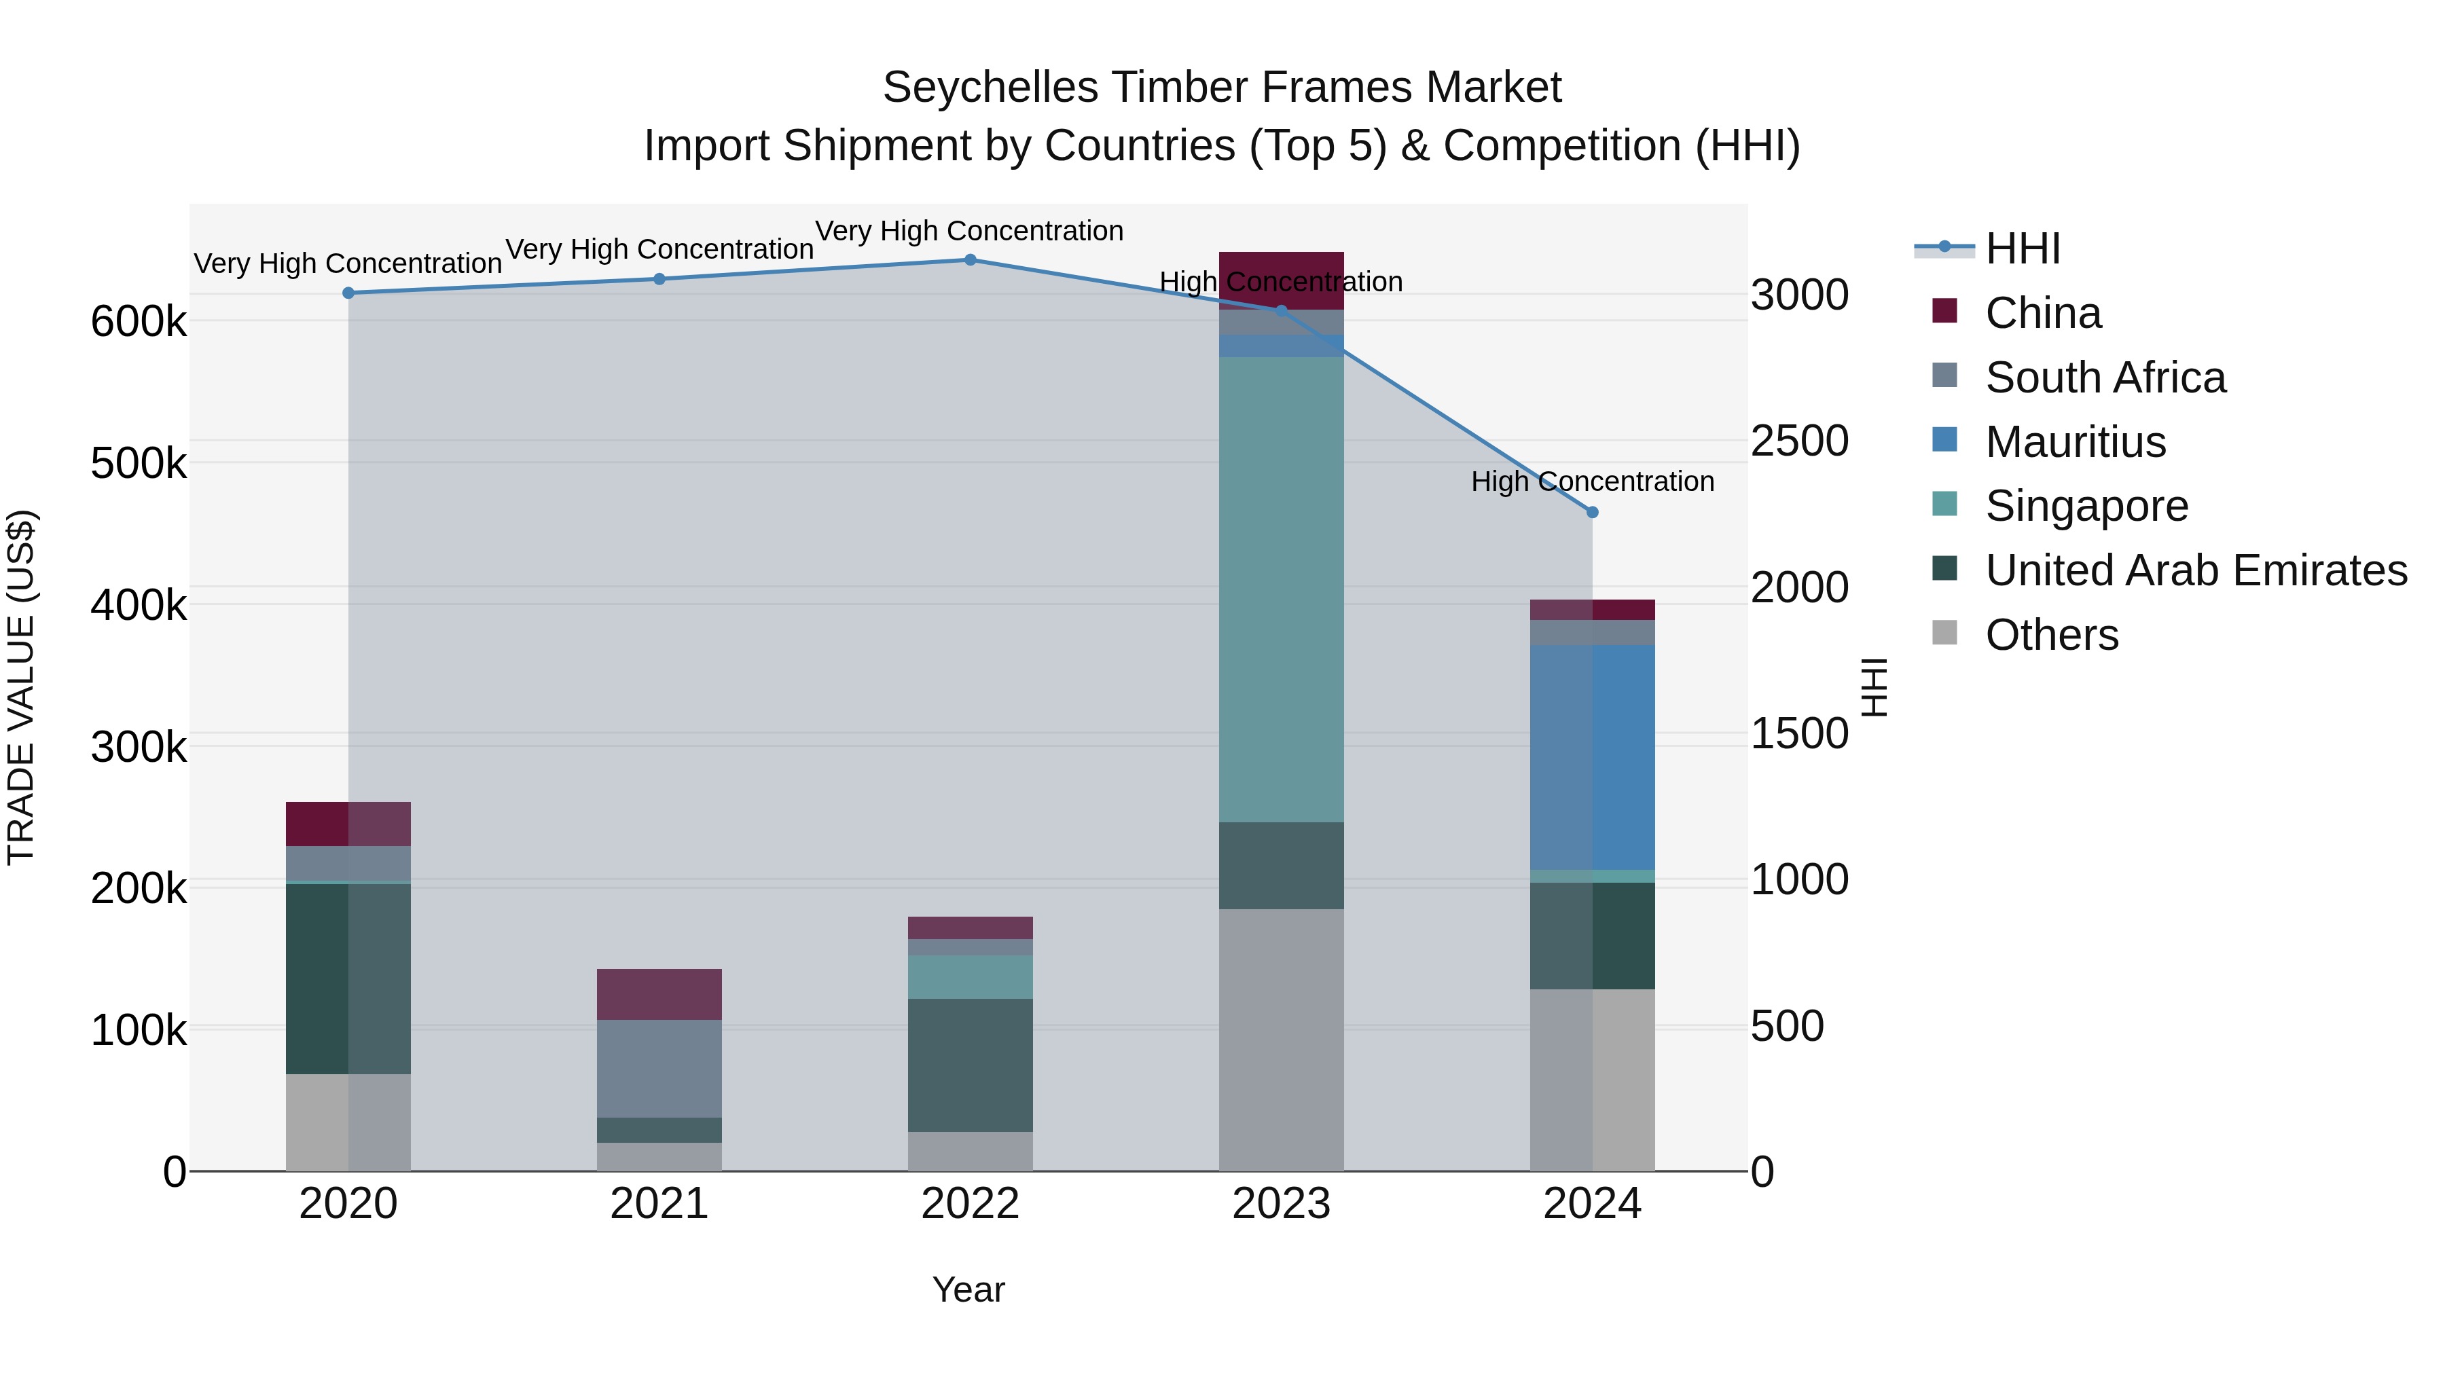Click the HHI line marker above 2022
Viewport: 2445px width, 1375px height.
point(970,259)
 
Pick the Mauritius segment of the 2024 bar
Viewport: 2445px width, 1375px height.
point(1592,756)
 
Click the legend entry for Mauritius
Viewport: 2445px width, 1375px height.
point(2075,442)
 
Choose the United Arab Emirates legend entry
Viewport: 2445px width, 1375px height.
point(2195,570)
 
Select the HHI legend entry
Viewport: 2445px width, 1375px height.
point(2022,249)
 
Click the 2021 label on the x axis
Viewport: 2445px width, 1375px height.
point(659,1203)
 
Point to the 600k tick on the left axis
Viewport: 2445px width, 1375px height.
point(139,322)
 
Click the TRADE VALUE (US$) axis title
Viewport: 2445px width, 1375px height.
point(21,687)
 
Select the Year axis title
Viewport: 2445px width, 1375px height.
point(968,1289)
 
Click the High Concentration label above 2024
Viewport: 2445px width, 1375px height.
point(1592,481)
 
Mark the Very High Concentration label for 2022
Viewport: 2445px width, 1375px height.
point(969,231)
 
